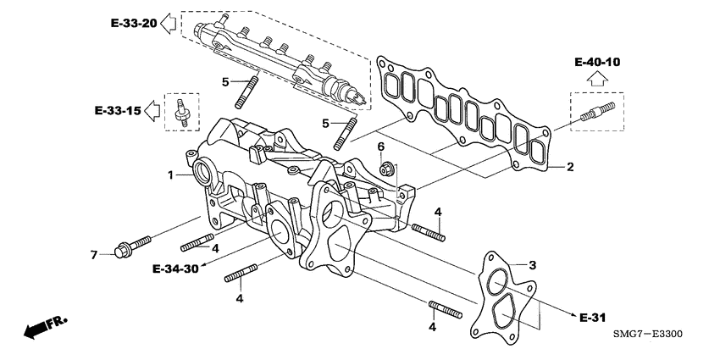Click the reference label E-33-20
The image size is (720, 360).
(133, 23)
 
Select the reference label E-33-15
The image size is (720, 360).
(119, 109)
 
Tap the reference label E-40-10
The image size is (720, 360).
(596, 62)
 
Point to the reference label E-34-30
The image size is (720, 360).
(175, 269)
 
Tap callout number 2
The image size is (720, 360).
(570, 168)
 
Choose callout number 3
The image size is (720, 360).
(532, 266)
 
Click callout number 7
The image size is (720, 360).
(95, 253)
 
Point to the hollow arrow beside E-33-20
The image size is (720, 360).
(168, 23)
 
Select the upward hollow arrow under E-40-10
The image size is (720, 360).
(596, 80)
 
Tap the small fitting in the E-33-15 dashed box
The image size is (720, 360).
(180, 111)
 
